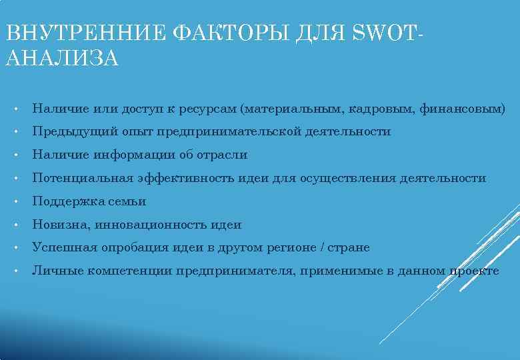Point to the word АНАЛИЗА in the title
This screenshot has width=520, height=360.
tap(61, 59)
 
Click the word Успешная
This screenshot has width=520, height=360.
tap(65, 248)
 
